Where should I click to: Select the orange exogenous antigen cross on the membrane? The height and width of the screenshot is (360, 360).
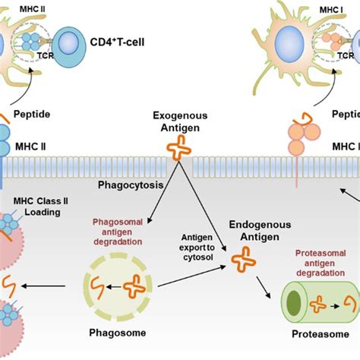180,150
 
